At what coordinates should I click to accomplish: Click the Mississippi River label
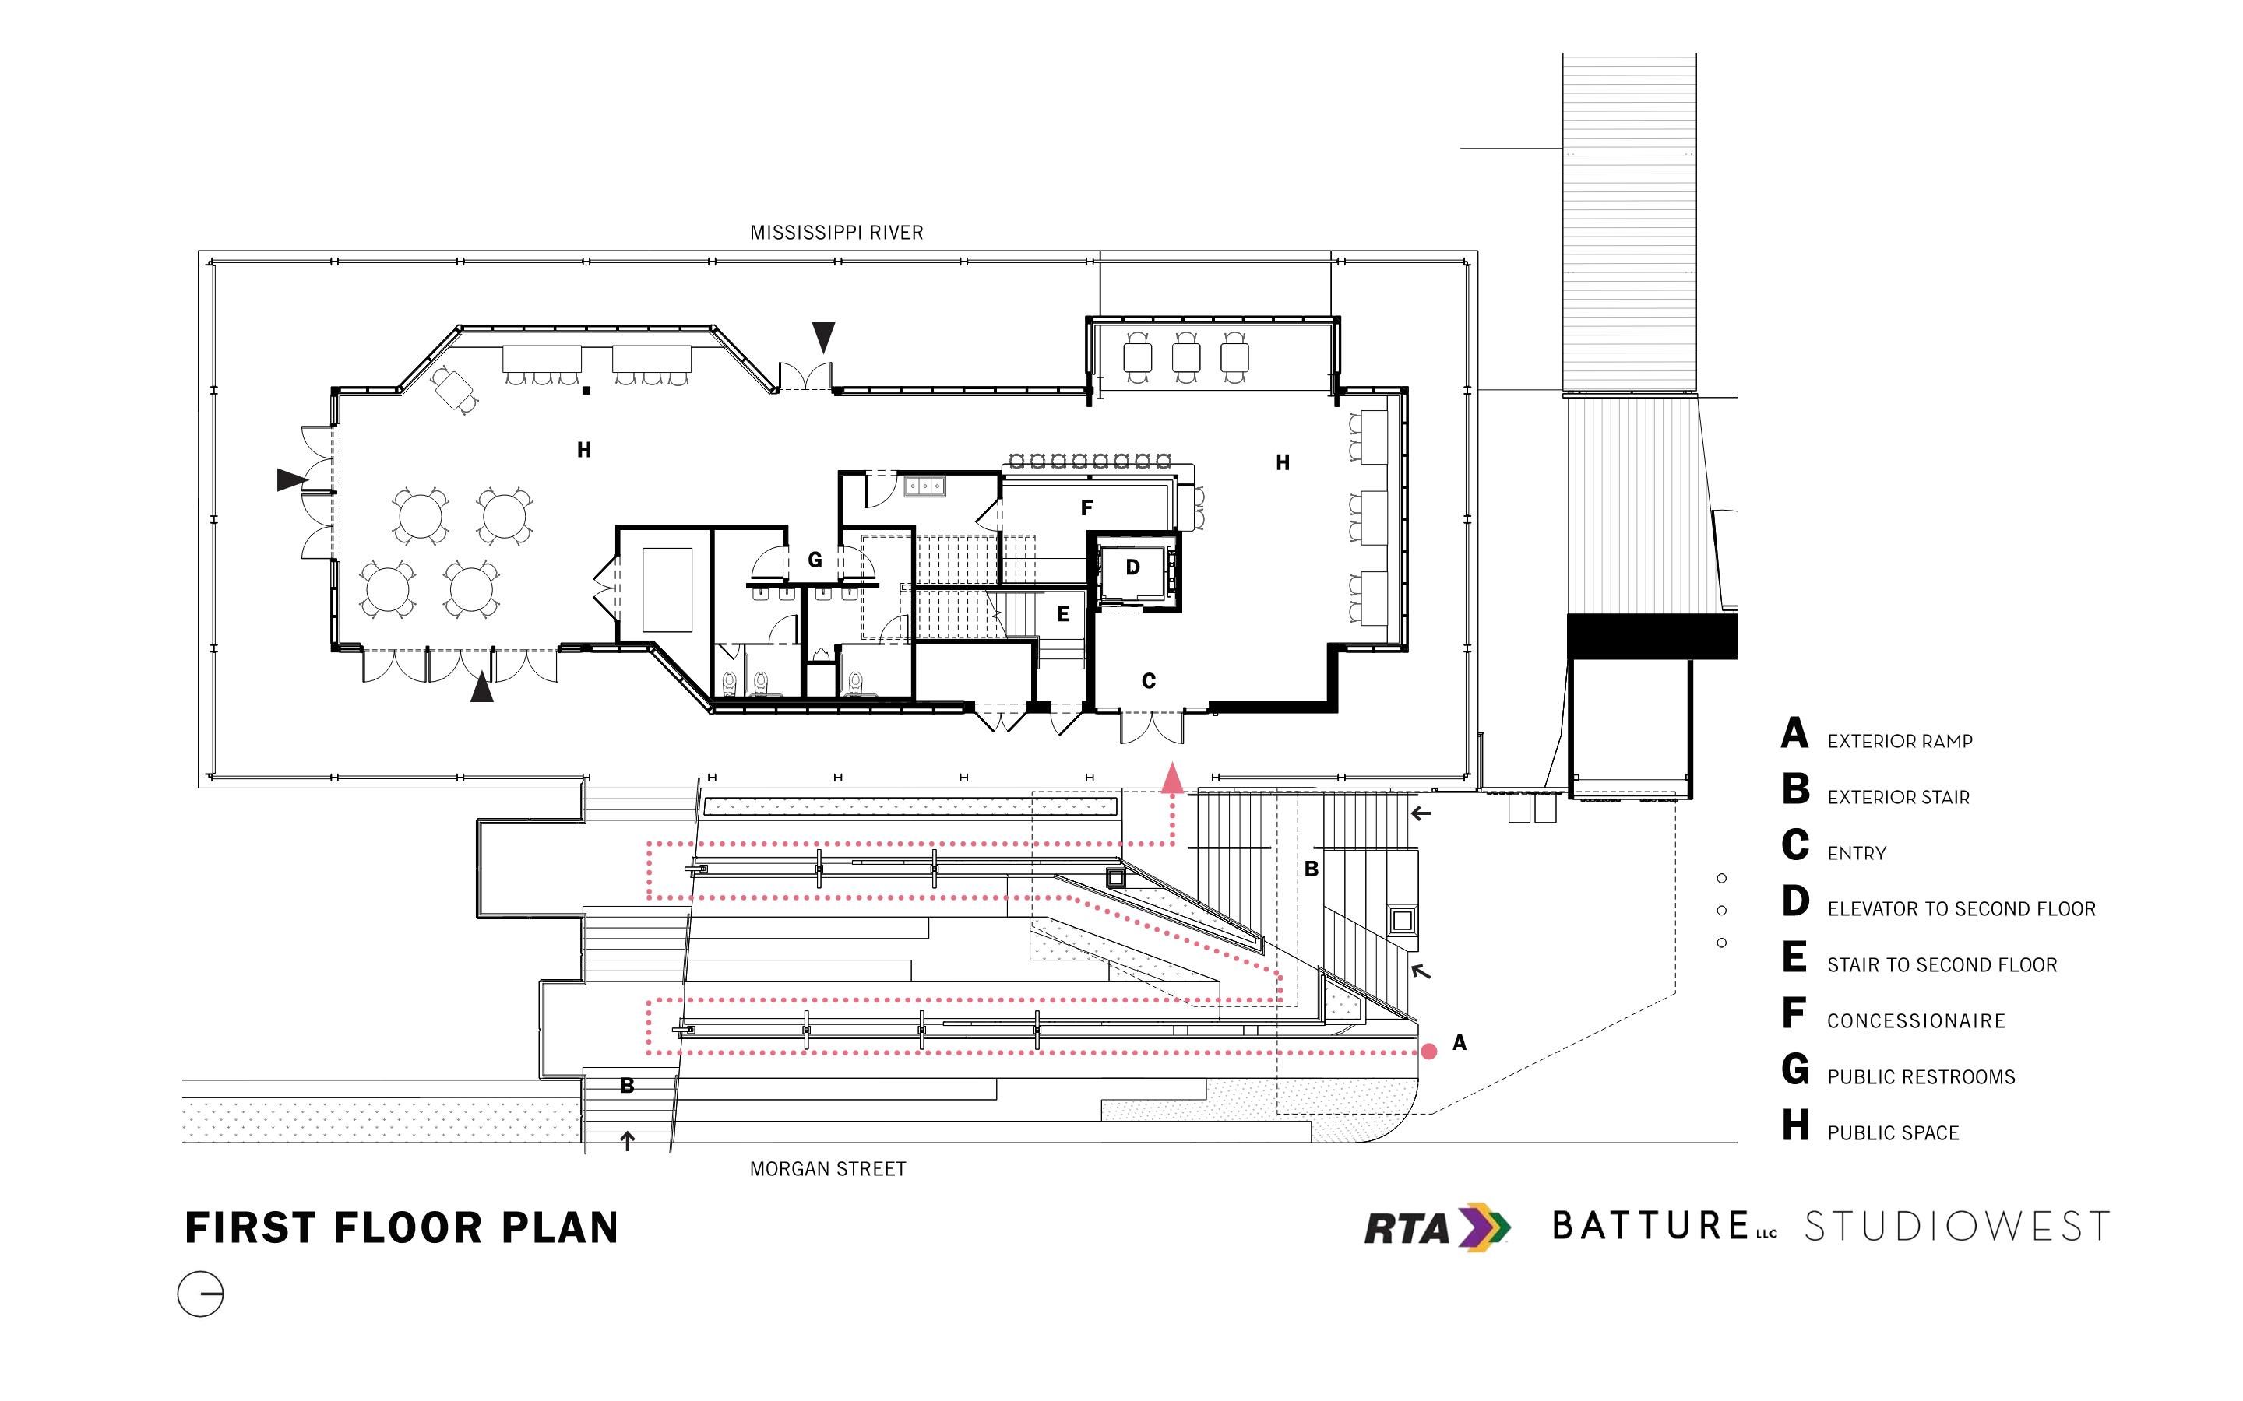836,233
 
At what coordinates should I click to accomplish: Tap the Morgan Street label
828,1169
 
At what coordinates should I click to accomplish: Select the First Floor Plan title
401,1227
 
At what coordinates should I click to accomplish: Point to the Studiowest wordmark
1956,1227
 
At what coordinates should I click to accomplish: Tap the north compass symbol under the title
200,1294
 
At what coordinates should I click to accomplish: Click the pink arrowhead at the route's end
1172,778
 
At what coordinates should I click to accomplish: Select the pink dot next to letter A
1429,1051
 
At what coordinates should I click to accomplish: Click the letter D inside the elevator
1132,567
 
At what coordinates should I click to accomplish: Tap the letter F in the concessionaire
1086,507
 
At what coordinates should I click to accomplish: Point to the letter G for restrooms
815,560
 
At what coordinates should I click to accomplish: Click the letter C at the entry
1149,681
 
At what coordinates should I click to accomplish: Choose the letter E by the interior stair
1063,613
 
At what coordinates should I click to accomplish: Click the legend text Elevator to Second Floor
1961,909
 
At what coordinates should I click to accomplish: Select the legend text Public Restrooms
1921,1076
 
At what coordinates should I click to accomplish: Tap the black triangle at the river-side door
823,336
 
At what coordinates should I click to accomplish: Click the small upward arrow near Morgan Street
628,1140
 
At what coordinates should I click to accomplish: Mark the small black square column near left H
586,391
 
